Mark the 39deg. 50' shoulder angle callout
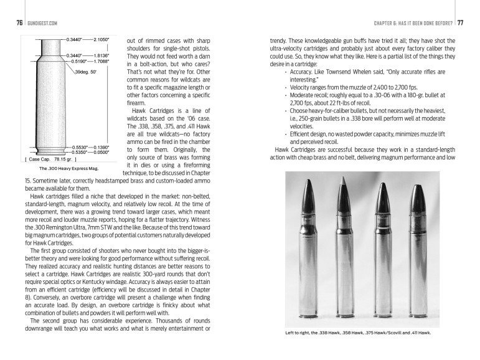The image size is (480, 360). (84, 73)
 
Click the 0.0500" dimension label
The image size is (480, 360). (106, 152)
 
